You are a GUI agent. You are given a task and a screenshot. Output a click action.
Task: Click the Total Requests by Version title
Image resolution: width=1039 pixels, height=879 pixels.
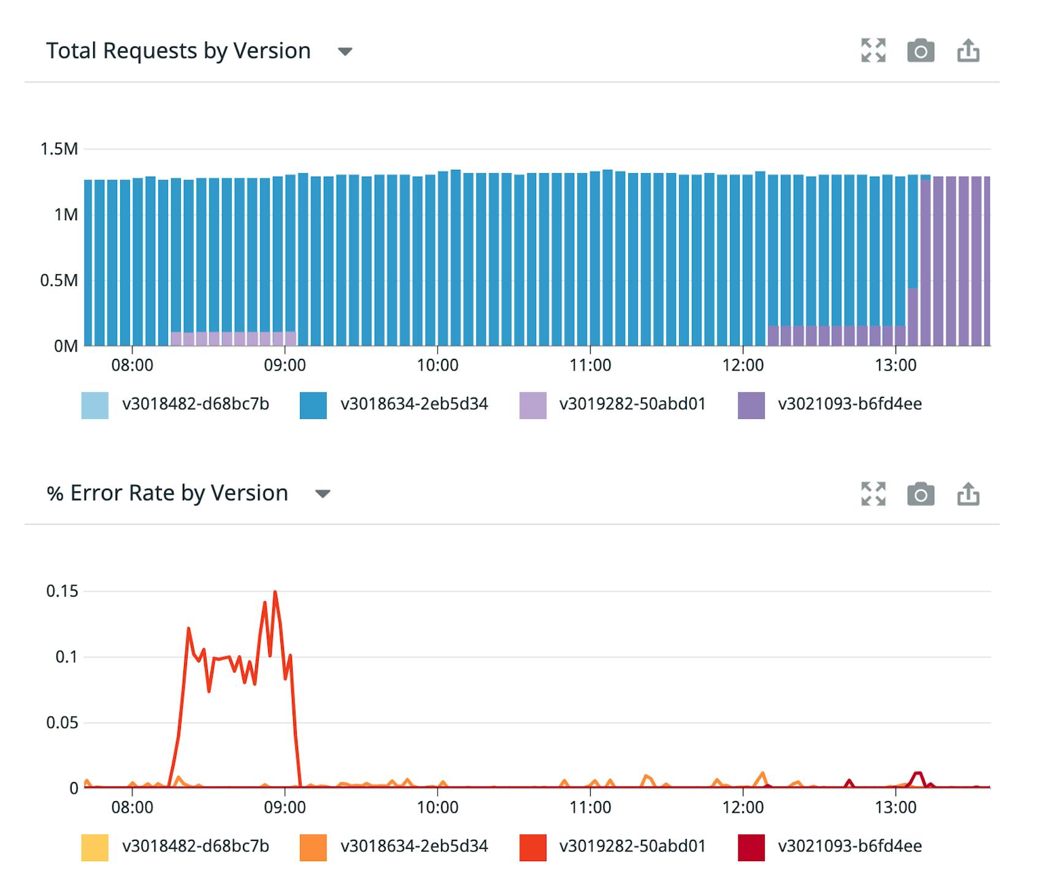[178, 51]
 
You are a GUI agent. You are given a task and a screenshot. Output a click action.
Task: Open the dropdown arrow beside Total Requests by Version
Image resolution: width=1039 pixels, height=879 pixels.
[345, 52]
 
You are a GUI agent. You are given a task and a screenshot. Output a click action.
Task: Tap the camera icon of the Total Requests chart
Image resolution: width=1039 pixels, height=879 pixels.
[920, 51]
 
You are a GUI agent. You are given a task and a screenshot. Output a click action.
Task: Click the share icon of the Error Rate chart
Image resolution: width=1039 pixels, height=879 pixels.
[968, 494]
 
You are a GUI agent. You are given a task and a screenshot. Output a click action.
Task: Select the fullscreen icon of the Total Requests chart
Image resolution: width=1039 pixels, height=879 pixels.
[873, 51]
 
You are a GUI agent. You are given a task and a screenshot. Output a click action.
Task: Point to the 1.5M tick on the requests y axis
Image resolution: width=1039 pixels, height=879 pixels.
[59, 149]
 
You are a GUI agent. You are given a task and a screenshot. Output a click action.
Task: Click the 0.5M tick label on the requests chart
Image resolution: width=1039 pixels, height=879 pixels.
[59, 280]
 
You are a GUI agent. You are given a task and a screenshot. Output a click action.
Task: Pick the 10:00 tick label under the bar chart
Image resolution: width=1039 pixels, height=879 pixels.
[437, 366]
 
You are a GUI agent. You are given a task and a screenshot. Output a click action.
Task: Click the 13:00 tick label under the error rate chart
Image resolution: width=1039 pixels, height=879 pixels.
[895, 807]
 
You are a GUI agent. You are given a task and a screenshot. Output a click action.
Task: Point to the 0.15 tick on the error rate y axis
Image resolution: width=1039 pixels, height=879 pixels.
[62, 591]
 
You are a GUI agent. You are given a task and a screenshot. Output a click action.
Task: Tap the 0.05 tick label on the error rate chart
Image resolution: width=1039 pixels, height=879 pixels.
[62, 723]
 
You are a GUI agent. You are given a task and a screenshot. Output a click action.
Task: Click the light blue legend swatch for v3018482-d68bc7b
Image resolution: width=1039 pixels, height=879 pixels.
[94, 405]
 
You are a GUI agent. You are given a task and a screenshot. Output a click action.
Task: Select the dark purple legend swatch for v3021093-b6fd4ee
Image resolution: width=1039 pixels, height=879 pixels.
[751, 405]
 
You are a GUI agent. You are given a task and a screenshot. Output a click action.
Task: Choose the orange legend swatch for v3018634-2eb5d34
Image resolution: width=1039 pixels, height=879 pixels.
[313, 847]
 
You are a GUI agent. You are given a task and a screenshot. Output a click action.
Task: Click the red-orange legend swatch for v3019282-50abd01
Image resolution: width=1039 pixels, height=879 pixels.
[532, 847]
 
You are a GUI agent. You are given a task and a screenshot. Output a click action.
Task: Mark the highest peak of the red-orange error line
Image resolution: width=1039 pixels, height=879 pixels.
[275, 592]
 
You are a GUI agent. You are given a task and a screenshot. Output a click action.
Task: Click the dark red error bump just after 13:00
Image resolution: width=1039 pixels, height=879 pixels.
[918, 774]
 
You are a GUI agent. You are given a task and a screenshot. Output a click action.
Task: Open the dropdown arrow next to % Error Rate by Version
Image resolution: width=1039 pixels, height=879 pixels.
[323, 494]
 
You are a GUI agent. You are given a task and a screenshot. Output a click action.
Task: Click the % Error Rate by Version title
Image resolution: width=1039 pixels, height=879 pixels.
[167, 493]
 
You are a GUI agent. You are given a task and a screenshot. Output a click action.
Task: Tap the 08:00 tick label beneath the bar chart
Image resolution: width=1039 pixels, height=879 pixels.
[132, 366]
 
